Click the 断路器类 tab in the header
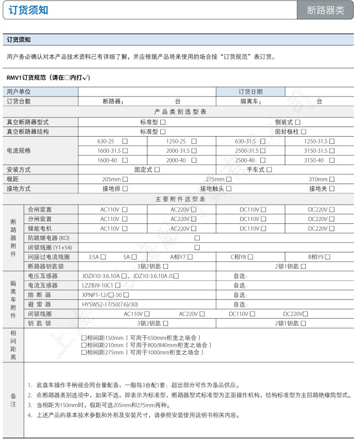click(x=326, y=10)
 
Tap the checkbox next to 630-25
click(x=125, y=142)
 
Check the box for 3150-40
click(x=332, y=160)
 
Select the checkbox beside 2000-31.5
click(x=194, y=151)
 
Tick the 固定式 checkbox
click(x=157, y=169)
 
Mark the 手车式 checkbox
click(x=269, y=169)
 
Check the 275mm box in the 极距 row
click(x=228, y=179)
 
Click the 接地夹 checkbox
click(x=332, y=189)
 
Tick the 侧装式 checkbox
click(x=298, y=122)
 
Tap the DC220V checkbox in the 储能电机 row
click(x=332, y=229)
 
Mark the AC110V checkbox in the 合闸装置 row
click(x=125, y=210)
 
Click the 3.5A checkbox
click(x=103, y=257)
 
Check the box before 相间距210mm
click(x=84, y=345)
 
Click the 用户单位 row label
click(x=19, y=92)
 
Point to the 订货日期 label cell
click(x=251, y=92)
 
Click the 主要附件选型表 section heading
click(x=180, y=199)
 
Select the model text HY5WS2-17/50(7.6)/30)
click(x=110, y=304)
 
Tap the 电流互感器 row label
click(x=43, y=285)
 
